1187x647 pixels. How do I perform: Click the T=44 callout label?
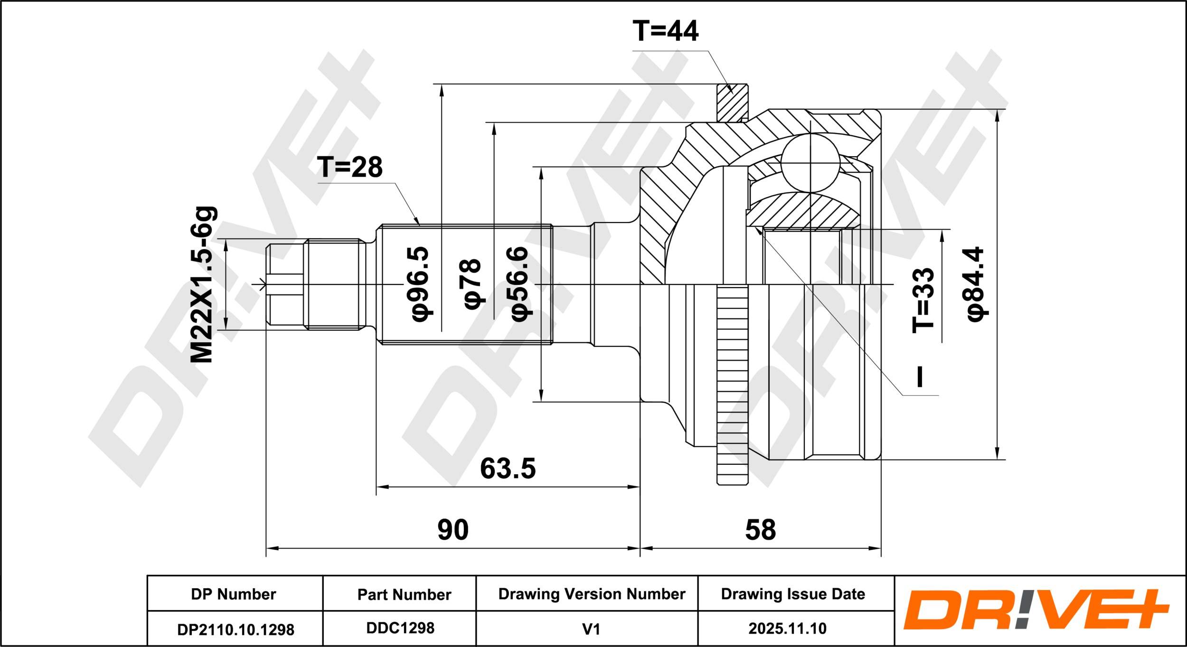point(665,31)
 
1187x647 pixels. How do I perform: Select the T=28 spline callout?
point(350,167)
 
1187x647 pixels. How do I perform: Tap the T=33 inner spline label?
point(923,300)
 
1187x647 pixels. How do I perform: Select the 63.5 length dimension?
point(508,468)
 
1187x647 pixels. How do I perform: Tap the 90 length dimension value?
point(452,530)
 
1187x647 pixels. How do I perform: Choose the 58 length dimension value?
point(760,530)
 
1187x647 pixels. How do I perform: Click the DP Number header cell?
point(233,594)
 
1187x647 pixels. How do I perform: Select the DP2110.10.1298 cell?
point(236,629)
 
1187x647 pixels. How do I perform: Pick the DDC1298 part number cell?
point(400,628)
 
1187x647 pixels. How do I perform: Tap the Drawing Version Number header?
point(592,594)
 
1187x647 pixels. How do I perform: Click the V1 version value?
point(591,629)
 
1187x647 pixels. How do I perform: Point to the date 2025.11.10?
point(787,629)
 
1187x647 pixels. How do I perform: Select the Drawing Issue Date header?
point(793,594)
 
